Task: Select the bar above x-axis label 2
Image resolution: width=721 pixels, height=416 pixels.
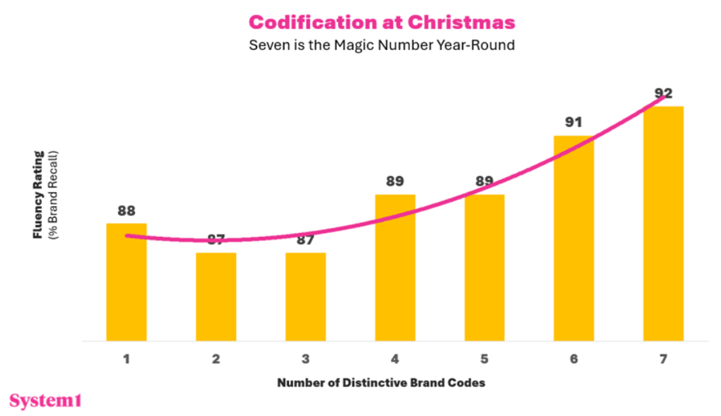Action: [216, 297]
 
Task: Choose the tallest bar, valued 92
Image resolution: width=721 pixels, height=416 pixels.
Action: [663, 224]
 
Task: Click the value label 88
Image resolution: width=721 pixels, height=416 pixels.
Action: [126, 211]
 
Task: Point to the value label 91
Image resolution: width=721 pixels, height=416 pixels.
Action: [574, 123]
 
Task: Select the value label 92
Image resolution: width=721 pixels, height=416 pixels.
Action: [663, 93]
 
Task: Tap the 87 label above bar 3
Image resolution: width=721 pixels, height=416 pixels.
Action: [305, 240]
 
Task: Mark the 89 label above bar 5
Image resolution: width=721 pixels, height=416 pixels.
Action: [484, 182]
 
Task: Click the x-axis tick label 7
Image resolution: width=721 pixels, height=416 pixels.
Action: [663, 359]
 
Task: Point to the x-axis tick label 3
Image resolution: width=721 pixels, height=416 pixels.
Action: [305, 359]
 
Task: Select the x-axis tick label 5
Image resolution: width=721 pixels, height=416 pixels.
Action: [484, 359]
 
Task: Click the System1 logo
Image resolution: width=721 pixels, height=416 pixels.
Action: [45, 400]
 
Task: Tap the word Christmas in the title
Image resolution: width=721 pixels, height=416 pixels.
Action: [461, 22]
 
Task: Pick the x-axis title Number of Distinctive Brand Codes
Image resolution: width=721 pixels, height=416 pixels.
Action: [381, 383]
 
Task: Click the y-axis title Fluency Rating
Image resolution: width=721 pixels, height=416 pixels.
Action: [38, 194]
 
